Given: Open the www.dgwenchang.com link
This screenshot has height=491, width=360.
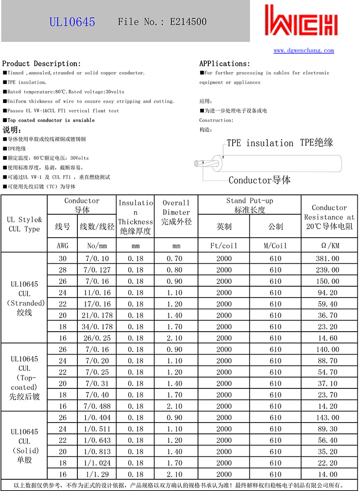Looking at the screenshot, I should (304, 50).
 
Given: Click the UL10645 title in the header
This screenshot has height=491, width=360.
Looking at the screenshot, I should (72, 22).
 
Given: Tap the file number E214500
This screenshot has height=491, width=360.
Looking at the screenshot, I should (188, 22).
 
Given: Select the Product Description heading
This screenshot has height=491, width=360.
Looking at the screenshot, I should (42, 63).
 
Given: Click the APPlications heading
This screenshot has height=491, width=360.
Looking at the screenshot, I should (225, 63).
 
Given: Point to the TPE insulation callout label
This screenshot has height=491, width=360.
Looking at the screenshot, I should (260, 143).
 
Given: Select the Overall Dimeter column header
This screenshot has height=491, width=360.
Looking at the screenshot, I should (176, 212).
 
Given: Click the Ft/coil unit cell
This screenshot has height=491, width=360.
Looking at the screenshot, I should (224, 246).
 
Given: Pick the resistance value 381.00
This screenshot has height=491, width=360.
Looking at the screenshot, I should (329, 259).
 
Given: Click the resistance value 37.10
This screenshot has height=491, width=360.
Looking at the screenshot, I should (329, 383).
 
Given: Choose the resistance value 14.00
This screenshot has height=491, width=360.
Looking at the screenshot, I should (329, 474).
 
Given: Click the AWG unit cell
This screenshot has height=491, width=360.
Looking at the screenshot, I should (63, 246).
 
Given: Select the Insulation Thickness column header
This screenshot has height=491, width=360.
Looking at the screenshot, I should (135, 217).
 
